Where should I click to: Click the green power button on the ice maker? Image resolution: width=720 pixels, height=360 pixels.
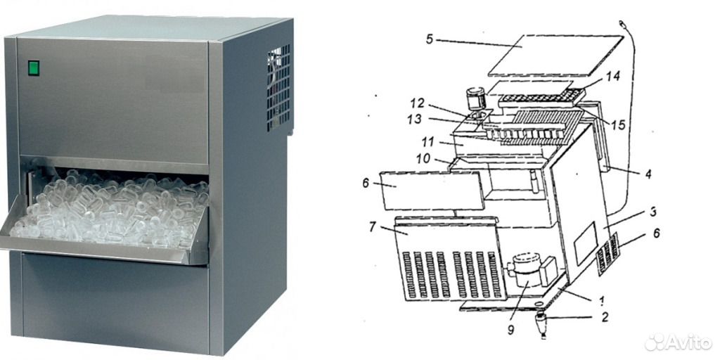point(34,68)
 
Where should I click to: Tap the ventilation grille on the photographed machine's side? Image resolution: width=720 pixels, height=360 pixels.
point(278,86)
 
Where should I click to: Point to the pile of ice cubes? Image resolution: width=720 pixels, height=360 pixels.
point(110,210)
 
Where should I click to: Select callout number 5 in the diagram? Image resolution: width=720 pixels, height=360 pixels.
point(430,39)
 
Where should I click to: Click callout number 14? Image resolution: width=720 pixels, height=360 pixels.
point(612,77)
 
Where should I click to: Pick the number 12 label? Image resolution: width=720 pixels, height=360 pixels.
point(418,103)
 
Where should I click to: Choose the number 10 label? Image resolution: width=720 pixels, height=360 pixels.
point(423,159)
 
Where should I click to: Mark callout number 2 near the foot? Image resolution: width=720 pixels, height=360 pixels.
point(605,317)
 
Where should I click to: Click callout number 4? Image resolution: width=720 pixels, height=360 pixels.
point(648,174)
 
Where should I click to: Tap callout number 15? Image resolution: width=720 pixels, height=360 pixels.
point(619,124)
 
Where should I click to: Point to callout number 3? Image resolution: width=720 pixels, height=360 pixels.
point(653,212)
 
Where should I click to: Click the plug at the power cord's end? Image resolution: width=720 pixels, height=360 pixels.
point(623,23)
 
